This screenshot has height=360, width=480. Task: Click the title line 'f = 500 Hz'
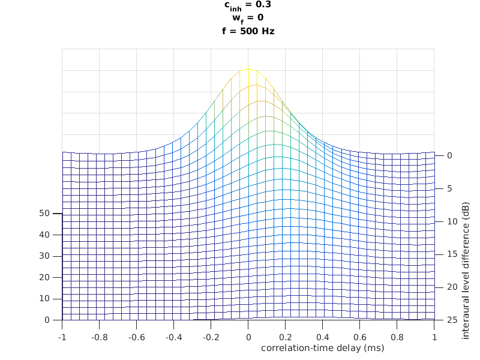point(248,31)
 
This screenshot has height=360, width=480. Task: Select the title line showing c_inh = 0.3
point(248,5)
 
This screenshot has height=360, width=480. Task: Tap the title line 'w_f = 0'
point(248,18)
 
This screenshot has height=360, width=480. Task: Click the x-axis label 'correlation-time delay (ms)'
point(322,348)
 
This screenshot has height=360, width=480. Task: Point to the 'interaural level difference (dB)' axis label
point(466,271)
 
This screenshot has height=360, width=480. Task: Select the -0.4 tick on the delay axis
point(173,338)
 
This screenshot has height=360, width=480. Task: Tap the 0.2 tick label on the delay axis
point(286,338)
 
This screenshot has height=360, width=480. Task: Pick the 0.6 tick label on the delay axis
point(360,338)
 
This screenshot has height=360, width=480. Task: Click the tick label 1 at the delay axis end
point(434,338)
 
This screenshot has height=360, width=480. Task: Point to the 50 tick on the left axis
point(44,213)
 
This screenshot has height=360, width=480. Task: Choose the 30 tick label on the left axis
point(44,256)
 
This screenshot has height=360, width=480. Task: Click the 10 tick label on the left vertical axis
point(44,299)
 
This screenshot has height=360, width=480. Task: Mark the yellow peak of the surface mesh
point(248,70)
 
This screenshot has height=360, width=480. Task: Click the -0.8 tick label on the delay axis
point(99,338)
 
